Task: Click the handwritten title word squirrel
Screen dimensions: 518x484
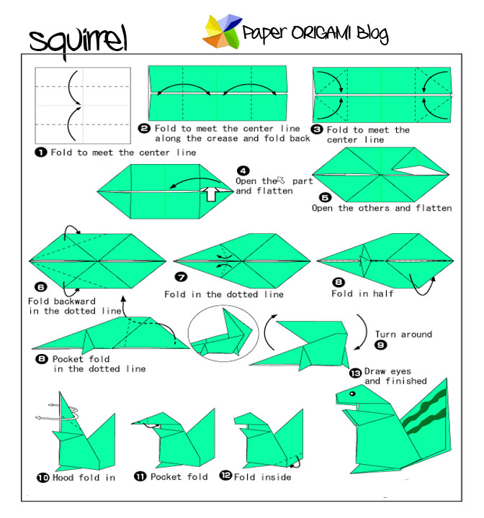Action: pos(78,41)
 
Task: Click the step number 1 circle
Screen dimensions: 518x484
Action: pos(42,153)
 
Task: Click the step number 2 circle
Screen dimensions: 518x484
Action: pos(144,128)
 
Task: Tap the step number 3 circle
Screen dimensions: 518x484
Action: pos(318,130)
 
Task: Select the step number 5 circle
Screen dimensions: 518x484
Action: pos(326,196)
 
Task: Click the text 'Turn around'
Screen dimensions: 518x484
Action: pos(404,335)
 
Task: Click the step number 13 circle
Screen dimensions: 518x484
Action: pos(355,372)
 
